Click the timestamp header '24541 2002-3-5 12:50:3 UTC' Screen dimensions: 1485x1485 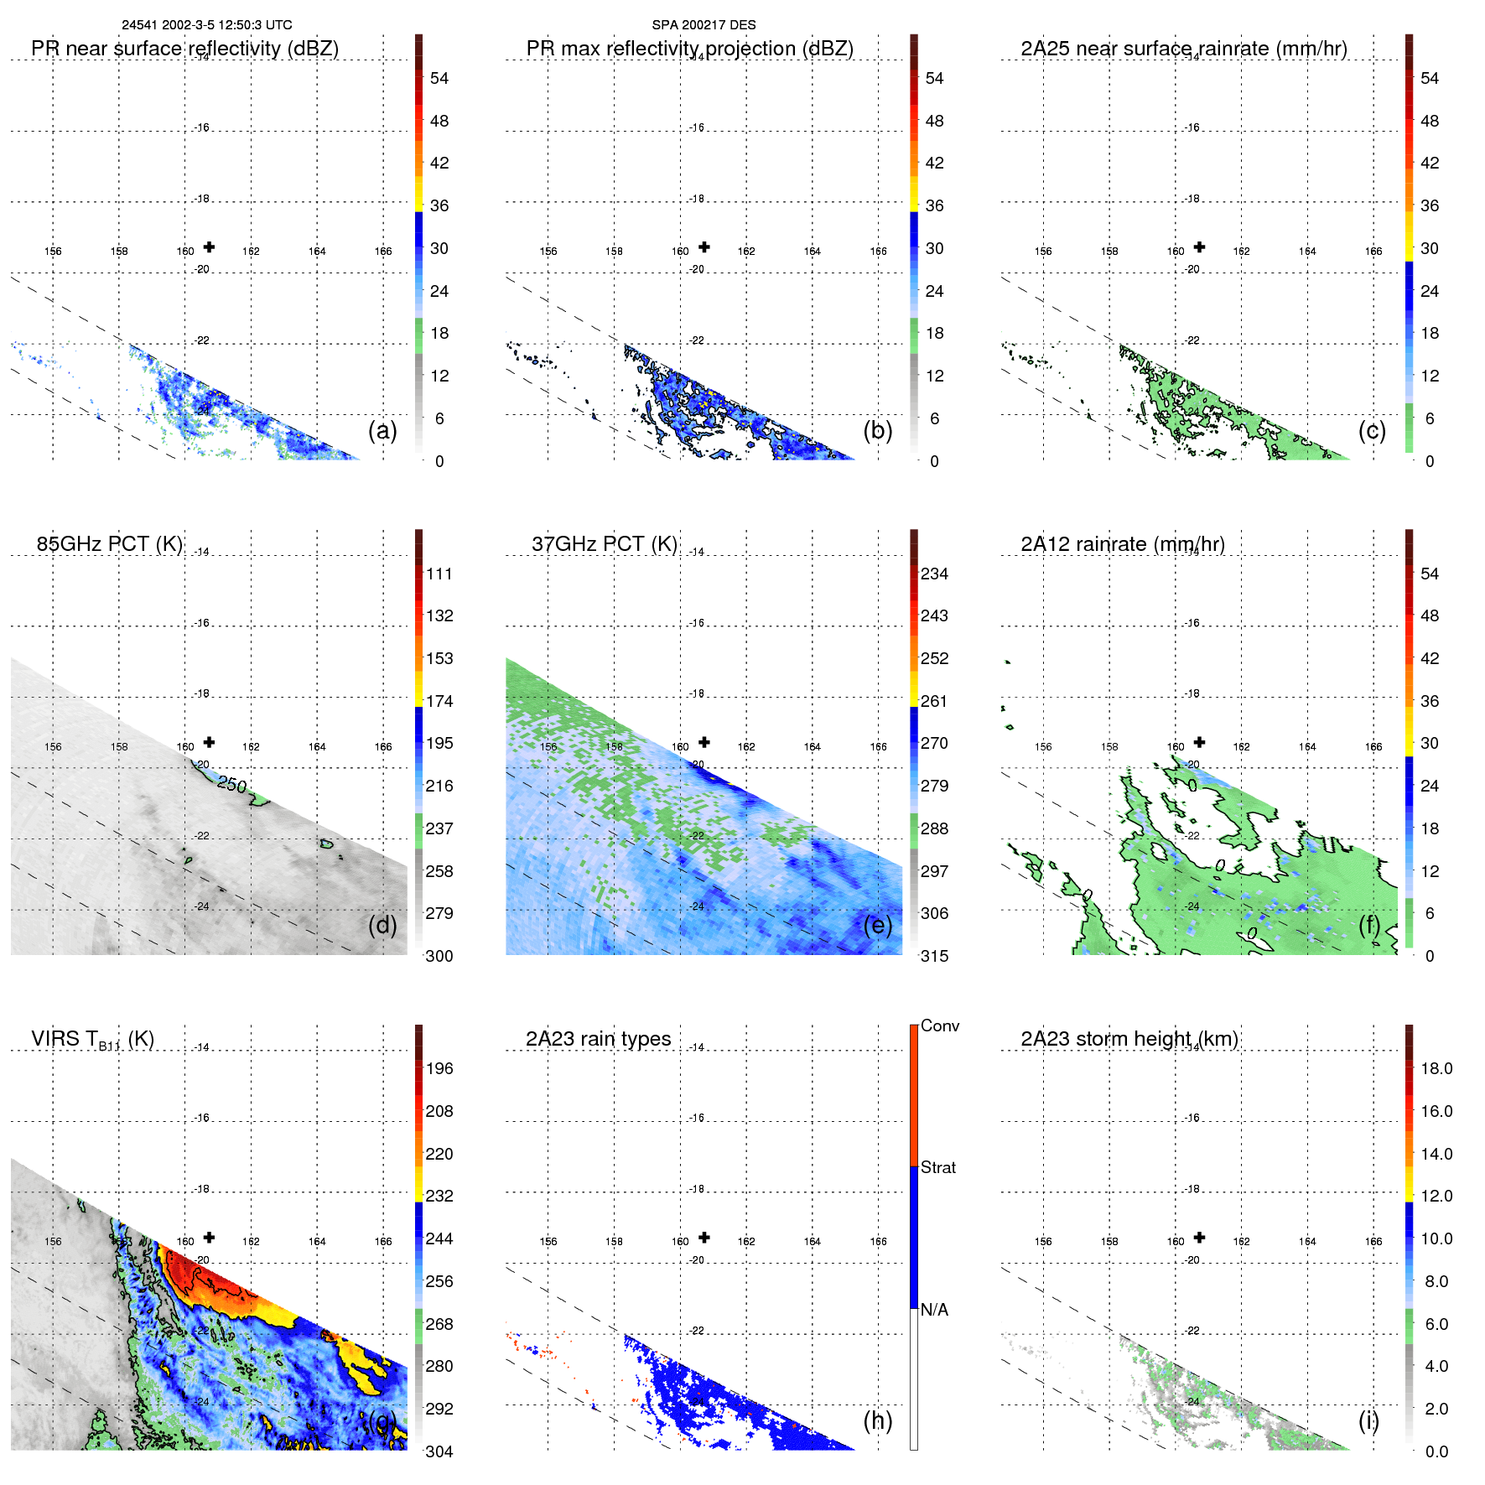coord(207,25)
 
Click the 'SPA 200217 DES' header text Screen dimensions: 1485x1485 coord(704,25)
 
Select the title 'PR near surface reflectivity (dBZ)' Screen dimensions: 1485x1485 coord(184,49)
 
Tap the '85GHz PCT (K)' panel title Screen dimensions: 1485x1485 coord(109,544)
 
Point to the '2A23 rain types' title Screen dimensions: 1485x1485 coord(598,1039)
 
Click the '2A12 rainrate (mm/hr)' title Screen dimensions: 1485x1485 coord(1122,544)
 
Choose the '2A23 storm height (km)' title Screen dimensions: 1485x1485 coord(1129,1039)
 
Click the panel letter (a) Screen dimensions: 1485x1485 coord(382,430)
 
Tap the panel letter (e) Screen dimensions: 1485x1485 coord(878,925)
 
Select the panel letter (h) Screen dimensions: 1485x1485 coord(878,1420)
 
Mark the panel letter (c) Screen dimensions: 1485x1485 coord(1372,430)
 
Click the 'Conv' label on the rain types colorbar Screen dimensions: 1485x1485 coord(939,1025)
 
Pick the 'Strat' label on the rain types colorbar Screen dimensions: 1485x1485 coord(937,1167)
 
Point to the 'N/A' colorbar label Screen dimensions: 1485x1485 coord(934,1310)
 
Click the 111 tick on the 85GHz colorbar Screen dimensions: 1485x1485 coord(439,574)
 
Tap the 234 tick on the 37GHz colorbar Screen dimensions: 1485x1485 coord(934,574)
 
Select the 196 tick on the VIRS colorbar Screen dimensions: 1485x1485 coord(439,1068)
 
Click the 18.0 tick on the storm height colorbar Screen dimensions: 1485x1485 coord(1436,1068)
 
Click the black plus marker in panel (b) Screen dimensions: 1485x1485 coord(704,247)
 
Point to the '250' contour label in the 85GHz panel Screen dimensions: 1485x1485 coord(231,784)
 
